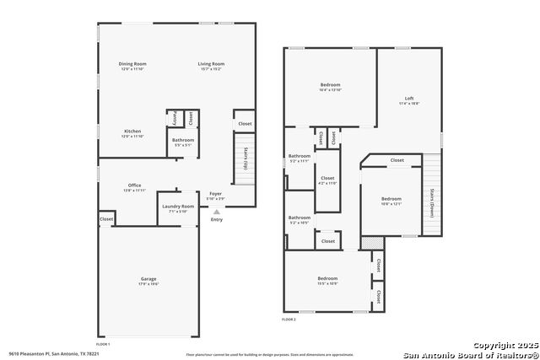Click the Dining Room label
tap(132, 64)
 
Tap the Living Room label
tap(211, 64)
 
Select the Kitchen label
tap(132, 132)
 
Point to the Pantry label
tap(174, 117)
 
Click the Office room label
tap(134, 185)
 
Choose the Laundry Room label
tap(178, 207)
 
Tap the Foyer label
tap(216, 193)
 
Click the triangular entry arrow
tap(217, 212)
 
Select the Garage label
tap(148, 279)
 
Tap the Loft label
tap(409, 99)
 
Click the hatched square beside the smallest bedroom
tap(365, 243)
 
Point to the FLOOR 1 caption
tap(103, 345)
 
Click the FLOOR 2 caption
tap(289, 320)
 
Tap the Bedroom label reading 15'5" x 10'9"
tap(327, 279)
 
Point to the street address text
tap(54, 354)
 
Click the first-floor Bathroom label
tap(183, 140)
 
